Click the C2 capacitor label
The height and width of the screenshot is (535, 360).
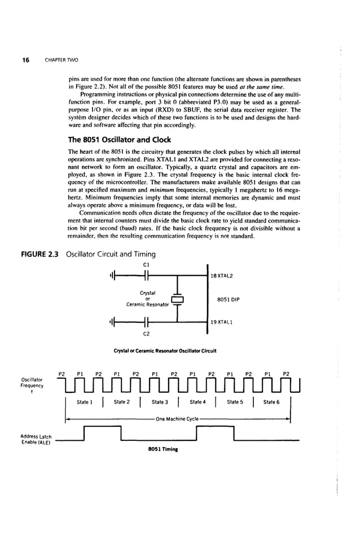(146, 334)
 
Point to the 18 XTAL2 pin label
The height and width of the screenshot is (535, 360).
(221, 275)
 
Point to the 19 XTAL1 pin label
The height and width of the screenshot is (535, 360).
(221, 322)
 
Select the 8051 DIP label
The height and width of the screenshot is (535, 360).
(228, 299)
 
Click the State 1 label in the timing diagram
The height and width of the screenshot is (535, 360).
(84, 402)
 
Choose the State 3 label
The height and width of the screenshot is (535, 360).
(160, 402)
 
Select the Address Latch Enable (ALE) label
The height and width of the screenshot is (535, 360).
(36, 440)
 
